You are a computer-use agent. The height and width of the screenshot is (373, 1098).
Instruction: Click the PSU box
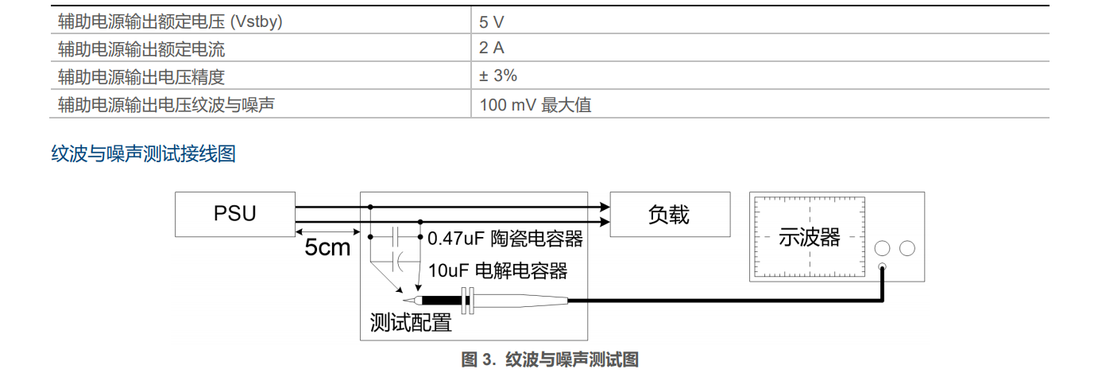pos(235,214)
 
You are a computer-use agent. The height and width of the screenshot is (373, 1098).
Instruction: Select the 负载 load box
pos(669,214)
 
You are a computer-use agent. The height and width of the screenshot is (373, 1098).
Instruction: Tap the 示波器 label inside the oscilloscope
pos(809,237)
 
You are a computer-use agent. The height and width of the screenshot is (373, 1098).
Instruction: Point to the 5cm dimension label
pos(327,247)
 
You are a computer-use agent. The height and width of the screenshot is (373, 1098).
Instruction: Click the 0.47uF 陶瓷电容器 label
pos(505,238)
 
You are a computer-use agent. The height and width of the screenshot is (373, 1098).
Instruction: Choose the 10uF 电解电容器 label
pos(498,270)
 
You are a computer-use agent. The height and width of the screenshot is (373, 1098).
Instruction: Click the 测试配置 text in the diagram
pos(411,323)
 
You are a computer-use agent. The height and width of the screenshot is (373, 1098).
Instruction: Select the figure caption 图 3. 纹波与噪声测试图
pos(550,359)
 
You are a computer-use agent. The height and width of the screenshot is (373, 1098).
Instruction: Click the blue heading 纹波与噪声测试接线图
pos(144,153)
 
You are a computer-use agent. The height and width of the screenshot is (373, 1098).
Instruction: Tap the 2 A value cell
pos(492,49)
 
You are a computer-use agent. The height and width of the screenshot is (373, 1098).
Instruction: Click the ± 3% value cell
pos(498,76)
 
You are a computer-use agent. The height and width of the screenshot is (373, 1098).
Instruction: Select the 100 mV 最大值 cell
pos(535,104)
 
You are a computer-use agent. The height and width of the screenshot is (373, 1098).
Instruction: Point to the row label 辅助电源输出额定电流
pos(141,49)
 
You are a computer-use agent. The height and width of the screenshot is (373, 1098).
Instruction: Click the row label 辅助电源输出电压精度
pos(141,77)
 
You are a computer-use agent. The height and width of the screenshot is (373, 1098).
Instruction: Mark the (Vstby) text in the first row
pos(256,22)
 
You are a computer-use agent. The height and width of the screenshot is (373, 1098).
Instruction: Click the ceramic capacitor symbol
pos(398,236)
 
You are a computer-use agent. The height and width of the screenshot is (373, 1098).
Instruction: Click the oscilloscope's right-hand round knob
pos(907,248)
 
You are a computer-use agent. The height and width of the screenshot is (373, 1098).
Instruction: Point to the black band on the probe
pos(442,301)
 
